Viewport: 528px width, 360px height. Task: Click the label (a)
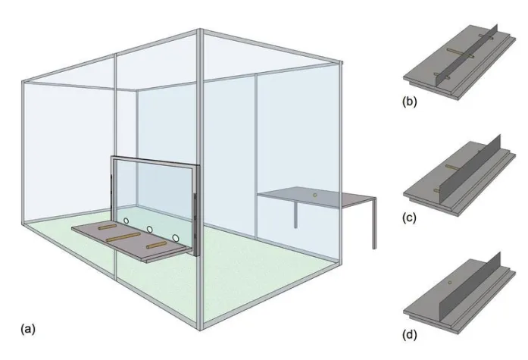click(28, 328)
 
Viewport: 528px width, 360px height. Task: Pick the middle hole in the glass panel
click(150, 228)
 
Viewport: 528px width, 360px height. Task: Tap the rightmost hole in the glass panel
click(176, 237)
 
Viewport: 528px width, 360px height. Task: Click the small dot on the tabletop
click(313, 195)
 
